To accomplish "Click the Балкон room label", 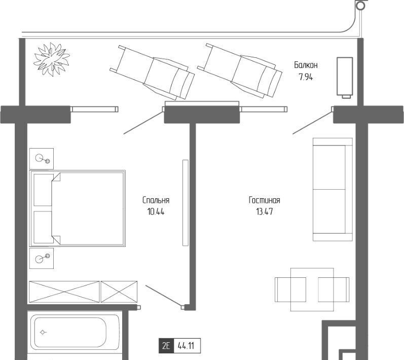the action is [306, 65].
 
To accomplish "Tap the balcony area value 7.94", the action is [306, 77].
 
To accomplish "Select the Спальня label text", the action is [156, 200].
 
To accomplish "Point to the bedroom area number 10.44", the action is [156, 212].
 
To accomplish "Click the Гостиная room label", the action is [265, 200].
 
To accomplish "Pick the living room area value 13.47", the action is [265, 212].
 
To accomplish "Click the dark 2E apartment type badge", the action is [166, 346].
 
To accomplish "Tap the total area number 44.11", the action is [186, 346].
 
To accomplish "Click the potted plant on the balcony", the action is [52, 59].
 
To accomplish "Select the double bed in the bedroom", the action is [77, 208].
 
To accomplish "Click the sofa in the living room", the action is [333, 190].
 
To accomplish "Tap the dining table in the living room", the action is [312, 290].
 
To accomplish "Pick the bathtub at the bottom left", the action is [75, 333].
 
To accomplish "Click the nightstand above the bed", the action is [42, 159].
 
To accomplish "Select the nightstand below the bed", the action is [42, 258].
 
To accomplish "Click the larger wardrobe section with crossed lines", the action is [64, 292].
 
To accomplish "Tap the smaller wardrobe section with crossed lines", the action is [119, 292].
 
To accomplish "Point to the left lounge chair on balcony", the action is [152, 73].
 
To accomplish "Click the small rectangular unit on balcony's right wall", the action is [345, 77].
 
